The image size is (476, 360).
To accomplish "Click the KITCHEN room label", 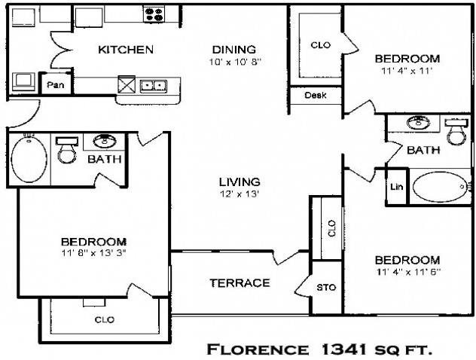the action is pos(126,50).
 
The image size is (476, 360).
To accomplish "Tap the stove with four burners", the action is pos(154,14).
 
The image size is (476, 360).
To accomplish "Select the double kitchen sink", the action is pos(154,86).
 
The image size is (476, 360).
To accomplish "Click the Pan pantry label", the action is pos(56,84).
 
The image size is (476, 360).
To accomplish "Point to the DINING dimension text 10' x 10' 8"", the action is pos(235,62).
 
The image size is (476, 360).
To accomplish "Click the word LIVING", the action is pos(240,182).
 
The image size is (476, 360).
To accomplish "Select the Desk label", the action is pos(316,96).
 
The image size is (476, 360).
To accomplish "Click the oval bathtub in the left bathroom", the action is pos(29,160).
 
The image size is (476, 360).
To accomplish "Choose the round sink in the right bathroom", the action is pos(418,122).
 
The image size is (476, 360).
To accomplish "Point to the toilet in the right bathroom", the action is pos(456,132).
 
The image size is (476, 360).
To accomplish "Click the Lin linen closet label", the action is pos(397,187).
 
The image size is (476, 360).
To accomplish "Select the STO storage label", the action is pos(326,287).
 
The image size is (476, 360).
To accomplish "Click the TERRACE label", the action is pos(240,283).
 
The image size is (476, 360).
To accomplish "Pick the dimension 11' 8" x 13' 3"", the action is pos(94,252).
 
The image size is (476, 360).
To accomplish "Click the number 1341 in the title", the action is pos(343,349).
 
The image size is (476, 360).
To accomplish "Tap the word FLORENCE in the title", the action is pos(258,349).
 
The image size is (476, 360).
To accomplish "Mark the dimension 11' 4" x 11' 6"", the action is pos(407,272).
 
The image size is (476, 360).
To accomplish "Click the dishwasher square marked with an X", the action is pos(127,84).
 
